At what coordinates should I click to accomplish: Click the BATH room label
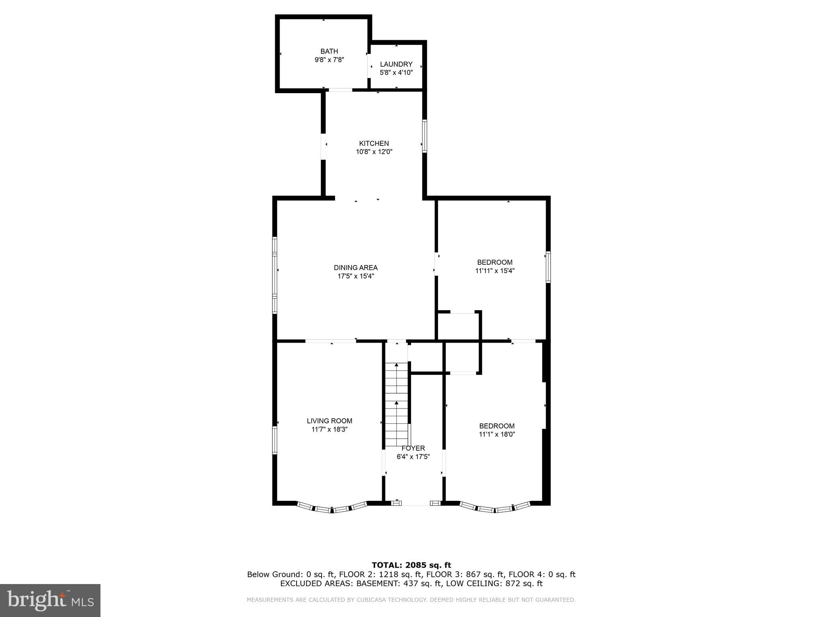pyautogui.click(x=329, y=51)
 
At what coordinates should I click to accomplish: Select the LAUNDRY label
pyautogui.click(x=396, y=64)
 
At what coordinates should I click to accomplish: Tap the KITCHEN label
pyautogui.click(x=374, y=143)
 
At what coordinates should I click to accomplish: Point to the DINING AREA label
pyautogui.click(x=356, y=268)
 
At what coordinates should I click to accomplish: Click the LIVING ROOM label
pyautogui.click(x=330, y=421)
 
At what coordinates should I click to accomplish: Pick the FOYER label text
pyautogui.click(x=413, y=448)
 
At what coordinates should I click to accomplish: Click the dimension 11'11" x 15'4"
pyautogui.click(x=495, y=271)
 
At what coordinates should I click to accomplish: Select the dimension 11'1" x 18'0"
pyautogui.click(x=497, y=434)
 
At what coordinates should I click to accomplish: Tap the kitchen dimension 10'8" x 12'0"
pyautogui.click(x=374, y=152)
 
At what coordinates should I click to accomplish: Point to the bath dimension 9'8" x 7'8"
pyautogui.click(x=329, y=60)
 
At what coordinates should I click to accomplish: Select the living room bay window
pyautogui.click(x=332, y=509)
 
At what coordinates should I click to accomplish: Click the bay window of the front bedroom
pyautogui.click(x=495, y=509)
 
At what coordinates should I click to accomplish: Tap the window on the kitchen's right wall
pyautogui.click(x=424, y=136)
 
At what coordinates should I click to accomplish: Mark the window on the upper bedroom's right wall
pyautogui.click(x=548, y=267)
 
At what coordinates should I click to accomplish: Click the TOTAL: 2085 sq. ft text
pyautogui.click(x=411, y=565)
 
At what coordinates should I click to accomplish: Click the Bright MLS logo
pyautogui.click(x=50, y=600)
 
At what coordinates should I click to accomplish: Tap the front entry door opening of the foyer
pyautogui.click(x=416, y=503)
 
